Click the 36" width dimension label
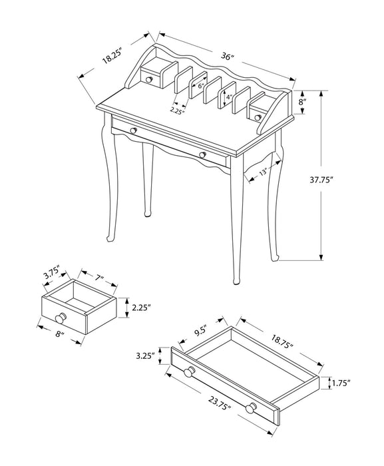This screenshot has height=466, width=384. (228, 58)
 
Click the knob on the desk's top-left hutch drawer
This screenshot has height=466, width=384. (150, 81)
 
